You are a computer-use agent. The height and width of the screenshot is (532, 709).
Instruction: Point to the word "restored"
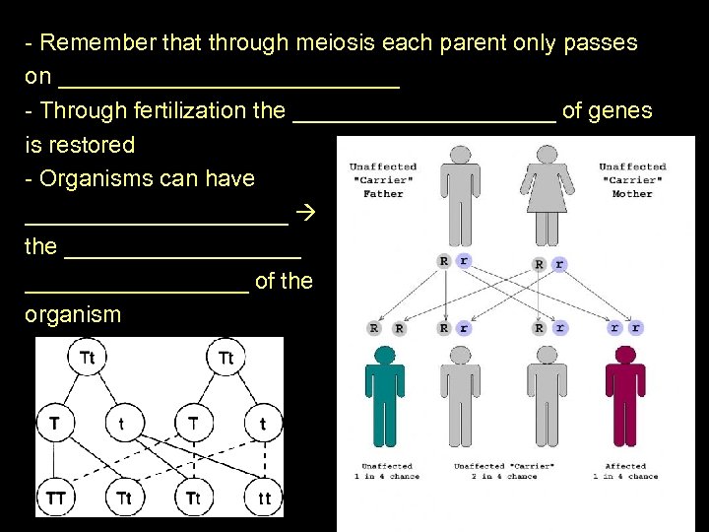tap(95, 145)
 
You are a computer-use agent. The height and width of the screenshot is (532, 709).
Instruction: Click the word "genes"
tap(620, 110)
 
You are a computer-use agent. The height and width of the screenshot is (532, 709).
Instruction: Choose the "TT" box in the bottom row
tap(57, 499)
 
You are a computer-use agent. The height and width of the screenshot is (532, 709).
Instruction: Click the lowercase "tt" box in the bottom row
tap(264, 499)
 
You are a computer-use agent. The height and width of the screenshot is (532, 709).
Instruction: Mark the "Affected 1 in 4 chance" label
tap(624, 471)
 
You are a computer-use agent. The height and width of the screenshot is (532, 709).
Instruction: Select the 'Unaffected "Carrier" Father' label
tap(383, 180)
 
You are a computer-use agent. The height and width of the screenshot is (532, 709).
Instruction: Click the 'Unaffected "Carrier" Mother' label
tap(632, 180)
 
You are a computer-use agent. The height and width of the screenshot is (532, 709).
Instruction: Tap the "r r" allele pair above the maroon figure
tap(624, 328)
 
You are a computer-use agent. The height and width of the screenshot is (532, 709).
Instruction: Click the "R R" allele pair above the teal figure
tap(386, 328)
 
